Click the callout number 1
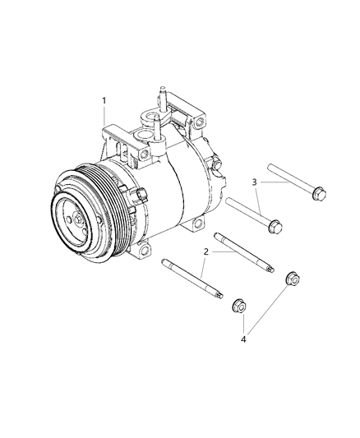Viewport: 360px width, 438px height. pyautogui.click(x=104, y=100)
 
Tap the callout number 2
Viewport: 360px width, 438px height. pyautogui.click(x=205, y=252)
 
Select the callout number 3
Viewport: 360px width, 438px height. pyautogui.click(x=254, y=182)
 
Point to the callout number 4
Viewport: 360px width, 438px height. pyautogui.click(x=243, y=339)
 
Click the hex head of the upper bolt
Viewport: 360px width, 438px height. pyautogui.click(x=319, y=194)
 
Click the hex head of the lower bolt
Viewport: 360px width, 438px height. pyautogui.click(x=275, y=226)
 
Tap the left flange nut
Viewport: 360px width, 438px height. pyautogui.click(x=239, y=306)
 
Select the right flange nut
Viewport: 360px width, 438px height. pyautogui.click(x=293, y=279)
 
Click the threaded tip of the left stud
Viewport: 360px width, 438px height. pyautogui.click(x=219, y=295)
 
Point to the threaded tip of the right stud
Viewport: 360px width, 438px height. pyautogui.click(x=270, y=269)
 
